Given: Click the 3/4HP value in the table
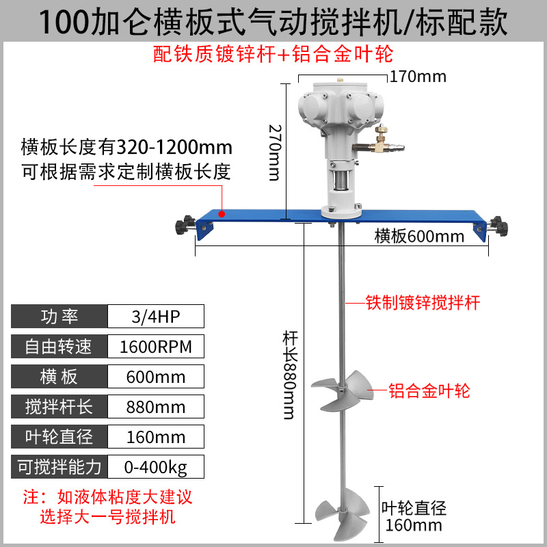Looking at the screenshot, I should (x=156, y=317).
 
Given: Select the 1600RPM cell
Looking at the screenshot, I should (x=156, y=347).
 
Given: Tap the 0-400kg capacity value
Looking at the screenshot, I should (x=156, y=468).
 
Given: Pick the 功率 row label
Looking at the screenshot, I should (x=59, y=317).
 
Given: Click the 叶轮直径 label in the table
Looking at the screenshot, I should (x=59, y=437).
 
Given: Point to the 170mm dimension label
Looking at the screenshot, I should (x=418, y=76).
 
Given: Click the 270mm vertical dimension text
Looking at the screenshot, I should (x=273, y=152).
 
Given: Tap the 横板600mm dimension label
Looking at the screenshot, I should (x=418, y=237).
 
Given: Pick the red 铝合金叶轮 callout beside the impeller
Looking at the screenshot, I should (x=429, y=391).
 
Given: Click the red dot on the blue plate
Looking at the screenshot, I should (x=221, y=213).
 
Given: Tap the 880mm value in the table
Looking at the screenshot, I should (x=156, y=407).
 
